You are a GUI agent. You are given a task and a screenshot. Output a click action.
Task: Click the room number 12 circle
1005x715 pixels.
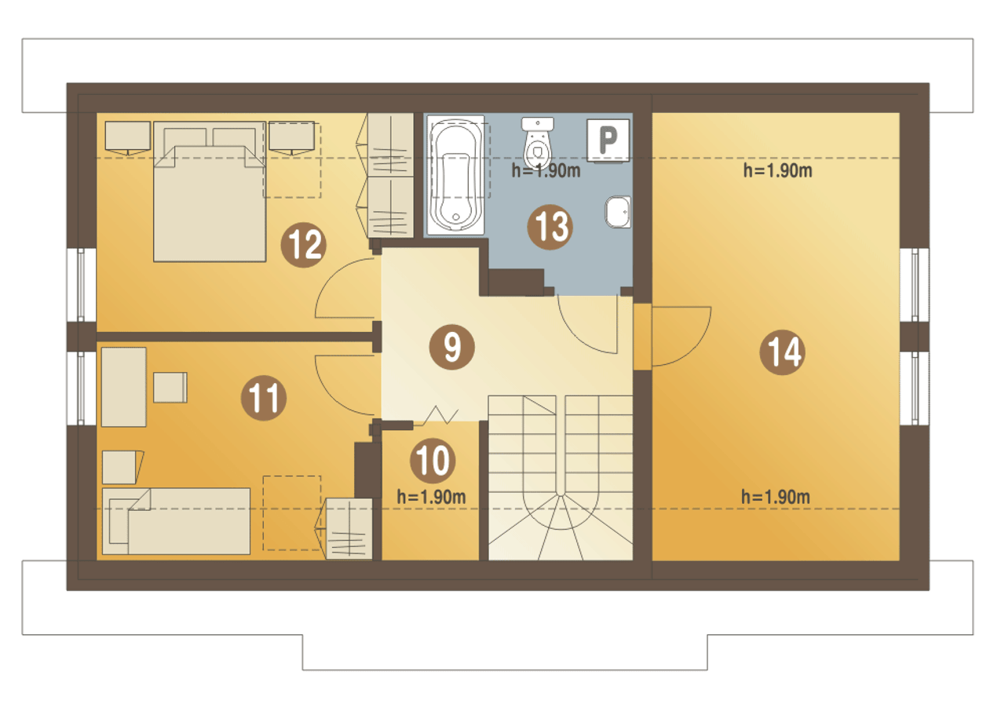pyautogui.click(x=303, y=245)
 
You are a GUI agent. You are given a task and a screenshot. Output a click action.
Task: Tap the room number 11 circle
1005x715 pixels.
pyautogui.click(x=263, y=398)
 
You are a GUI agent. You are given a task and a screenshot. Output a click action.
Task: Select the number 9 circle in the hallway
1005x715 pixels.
pyautogui.click(x=451, y=347)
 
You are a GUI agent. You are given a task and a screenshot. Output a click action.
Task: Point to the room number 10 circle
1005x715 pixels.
pyautogui.click(x=433, y=461)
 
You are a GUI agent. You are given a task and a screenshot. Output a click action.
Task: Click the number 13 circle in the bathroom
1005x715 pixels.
pyautogui.click(x=550, y=227)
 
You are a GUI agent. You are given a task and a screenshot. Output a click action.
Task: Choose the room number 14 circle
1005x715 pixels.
pyautogui.click(x=782, y=352)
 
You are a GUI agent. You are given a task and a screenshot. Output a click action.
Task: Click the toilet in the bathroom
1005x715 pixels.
pyautogui.click(x=538, y=143)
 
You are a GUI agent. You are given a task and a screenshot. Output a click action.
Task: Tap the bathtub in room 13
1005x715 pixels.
pyautogui.click(x=455, y=175)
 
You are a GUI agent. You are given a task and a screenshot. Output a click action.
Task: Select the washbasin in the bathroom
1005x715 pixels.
pyautogui.click(x=618, y=212)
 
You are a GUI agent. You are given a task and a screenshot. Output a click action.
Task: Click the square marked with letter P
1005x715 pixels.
pyautogui.click(x=608, y=140)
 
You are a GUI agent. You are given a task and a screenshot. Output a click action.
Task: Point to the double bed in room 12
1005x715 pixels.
pyautogui.click(x=210, y=192)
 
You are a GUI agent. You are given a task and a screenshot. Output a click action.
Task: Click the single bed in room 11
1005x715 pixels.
pyautogui.click(x=177, y=521)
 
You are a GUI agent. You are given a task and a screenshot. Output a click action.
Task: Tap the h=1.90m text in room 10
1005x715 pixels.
pyautogui.click(x=431, y=497)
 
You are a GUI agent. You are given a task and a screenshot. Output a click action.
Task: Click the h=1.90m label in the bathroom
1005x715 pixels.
pyautogui.click(x=546, y=171)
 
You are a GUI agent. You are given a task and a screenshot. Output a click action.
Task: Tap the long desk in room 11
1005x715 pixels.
pyautogui.click(x=124, y=387)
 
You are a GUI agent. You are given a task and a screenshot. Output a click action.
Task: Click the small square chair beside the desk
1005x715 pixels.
pyautogui.click(x=170, y=387)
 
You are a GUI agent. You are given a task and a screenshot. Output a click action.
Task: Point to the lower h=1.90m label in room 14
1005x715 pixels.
pyautogui.click(x=775, y=497)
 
